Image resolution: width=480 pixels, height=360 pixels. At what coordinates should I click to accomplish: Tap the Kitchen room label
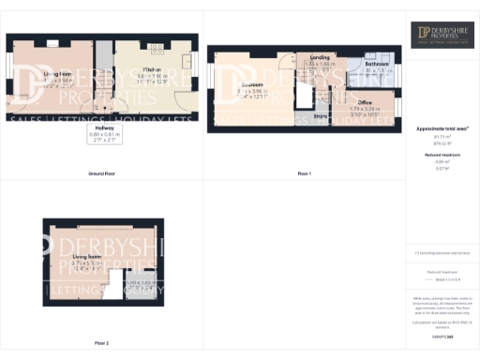(x=149, y=70)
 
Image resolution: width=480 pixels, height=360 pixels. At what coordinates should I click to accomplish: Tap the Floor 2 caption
(x=101, y=343)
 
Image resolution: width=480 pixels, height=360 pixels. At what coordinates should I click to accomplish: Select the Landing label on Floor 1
(x=320, y=57)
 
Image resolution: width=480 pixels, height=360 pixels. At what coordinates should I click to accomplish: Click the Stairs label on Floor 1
(x=320, y=116)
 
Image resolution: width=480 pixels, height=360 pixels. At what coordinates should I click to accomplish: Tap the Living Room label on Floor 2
(x=86, y=254)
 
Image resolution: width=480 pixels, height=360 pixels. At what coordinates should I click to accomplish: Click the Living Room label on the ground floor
(x=58, y=73)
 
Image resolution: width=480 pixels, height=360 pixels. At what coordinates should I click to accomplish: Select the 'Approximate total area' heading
(x=442, y=127)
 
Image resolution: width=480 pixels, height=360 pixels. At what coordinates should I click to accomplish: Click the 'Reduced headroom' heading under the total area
(x=442, y=154)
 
